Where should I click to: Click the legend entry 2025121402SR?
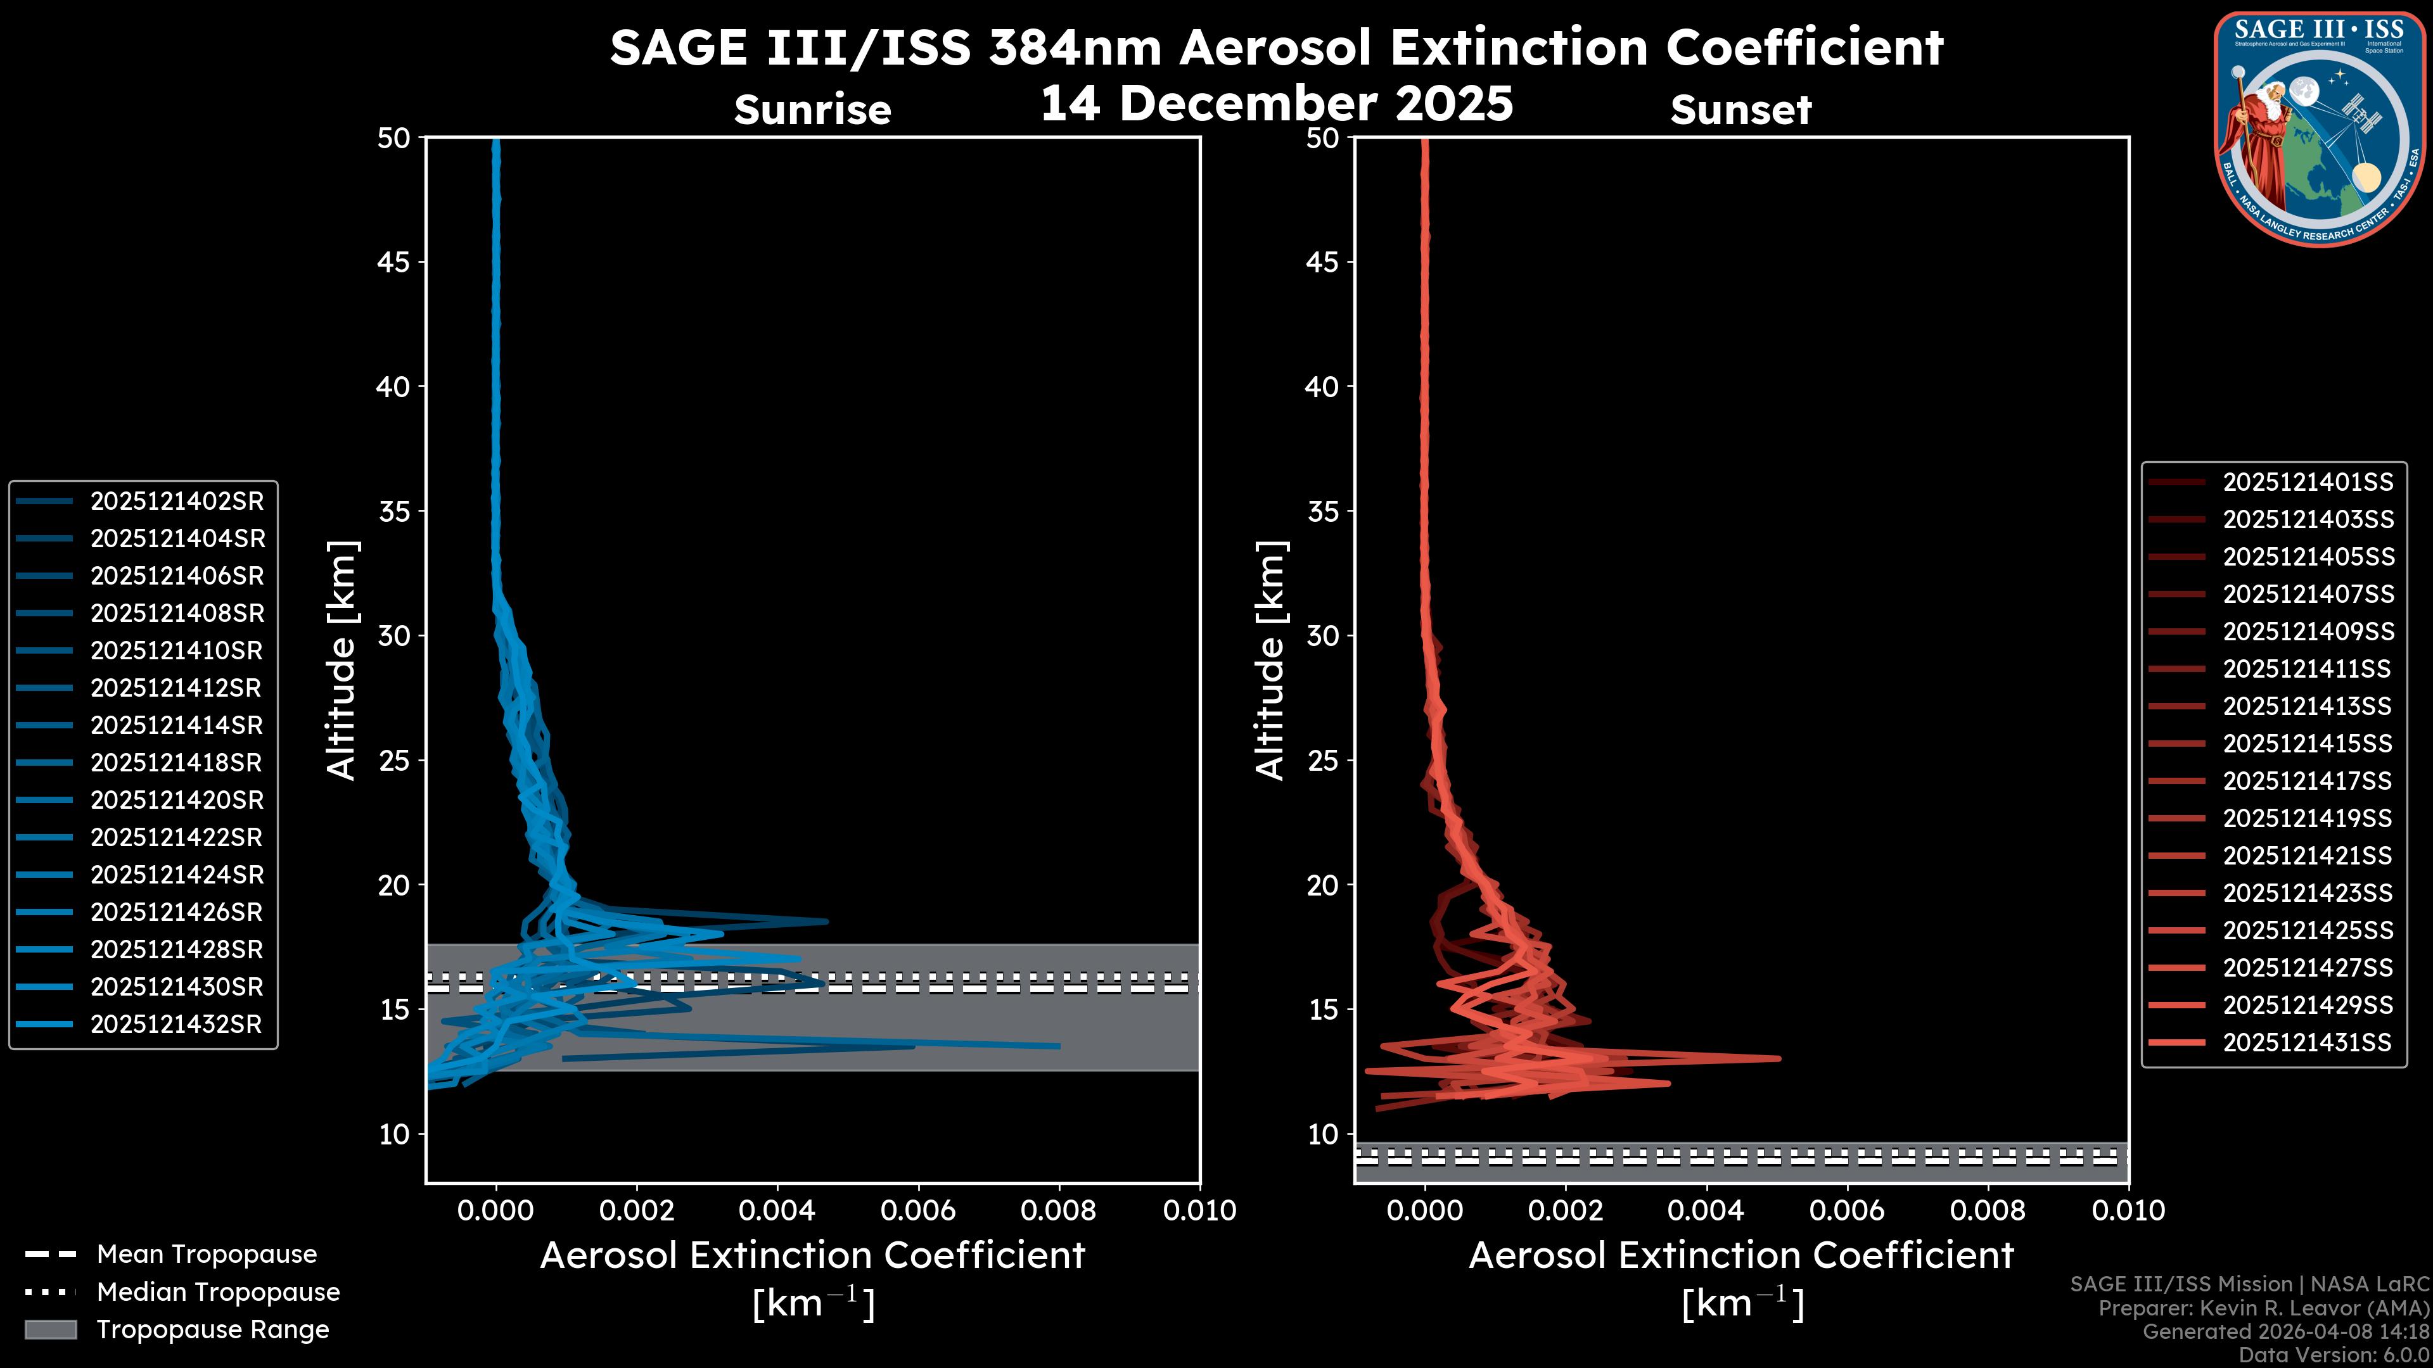pos(177,500)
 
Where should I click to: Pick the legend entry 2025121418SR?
pos(177,763)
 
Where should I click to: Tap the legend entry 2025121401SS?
pos(2308,483)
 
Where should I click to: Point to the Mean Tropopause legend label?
pos(207,1254)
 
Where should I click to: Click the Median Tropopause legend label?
pos(218,1291)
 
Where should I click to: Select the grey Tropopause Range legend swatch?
pos(50,1329)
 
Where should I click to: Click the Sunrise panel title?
pos(812,110)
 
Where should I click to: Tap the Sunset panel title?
pos(1740,110)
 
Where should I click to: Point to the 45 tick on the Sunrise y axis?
pos(394,262)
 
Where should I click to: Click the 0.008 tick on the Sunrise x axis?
pos(1059,1210)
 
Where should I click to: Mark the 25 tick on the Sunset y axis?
pos(1322,760)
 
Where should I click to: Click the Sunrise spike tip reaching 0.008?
pos(1058,1045)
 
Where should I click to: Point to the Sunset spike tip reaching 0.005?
pos(1778,1058)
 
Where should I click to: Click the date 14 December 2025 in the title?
pos(1276,104)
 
